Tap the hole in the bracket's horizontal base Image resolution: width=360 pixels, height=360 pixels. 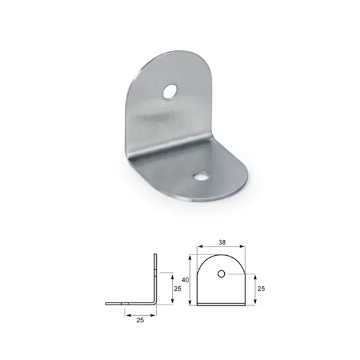(199, 176)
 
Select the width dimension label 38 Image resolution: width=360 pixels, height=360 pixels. (222, 242)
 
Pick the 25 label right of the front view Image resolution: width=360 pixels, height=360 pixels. (260, 289)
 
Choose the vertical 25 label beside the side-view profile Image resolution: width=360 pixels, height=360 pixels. (177, 287)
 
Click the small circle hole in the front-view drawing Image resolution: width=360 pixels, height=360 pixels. (222, 274)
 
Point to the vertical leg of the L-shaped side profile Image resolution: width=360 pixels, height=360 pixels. (156, 277)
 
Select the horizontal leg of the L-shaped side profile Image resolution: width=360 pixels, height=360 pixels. (129, 304)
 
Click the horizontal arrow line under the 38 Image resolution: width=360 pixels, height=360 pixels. (222, 249)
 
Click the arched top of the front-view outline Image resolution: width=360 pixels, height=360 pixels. (222, 256)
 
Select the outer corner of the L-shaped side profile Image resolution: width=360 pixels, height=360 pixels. (156, 304)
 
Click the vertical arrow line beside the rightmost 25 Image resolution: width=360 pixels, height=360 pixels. (253, 289)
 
